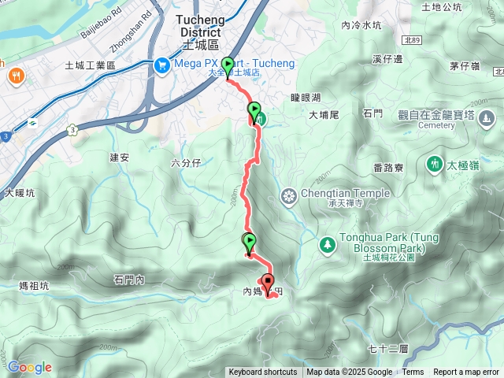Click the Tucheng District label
(x=200, y=25)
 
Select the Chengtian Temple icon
(x=289, y=195)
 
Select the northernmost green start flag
(x=228, y=65)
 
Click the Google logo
(x=29, y=367)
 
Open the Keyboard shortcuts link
(x=263, y=372)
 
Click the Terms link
(x=413, y=372)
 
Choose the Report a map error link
(x=467, y=372)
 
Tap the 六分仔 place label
(x=187, y=162)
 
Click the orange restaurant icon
(x=16, y=76)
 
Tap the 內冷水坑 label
(x=361, y=25)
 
